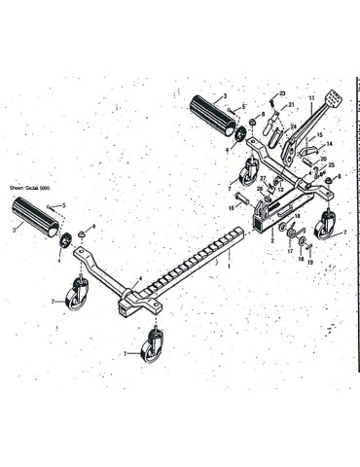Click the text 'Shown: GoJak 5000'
pos(31,188)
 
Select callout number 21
pos(290,104)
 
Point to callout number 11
pos(310,98)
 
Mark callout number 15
pos(320,136)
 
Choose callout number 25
pos(331,165)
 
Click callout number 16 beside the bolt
pos(233,207)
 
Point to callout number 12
pos(280,189)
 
